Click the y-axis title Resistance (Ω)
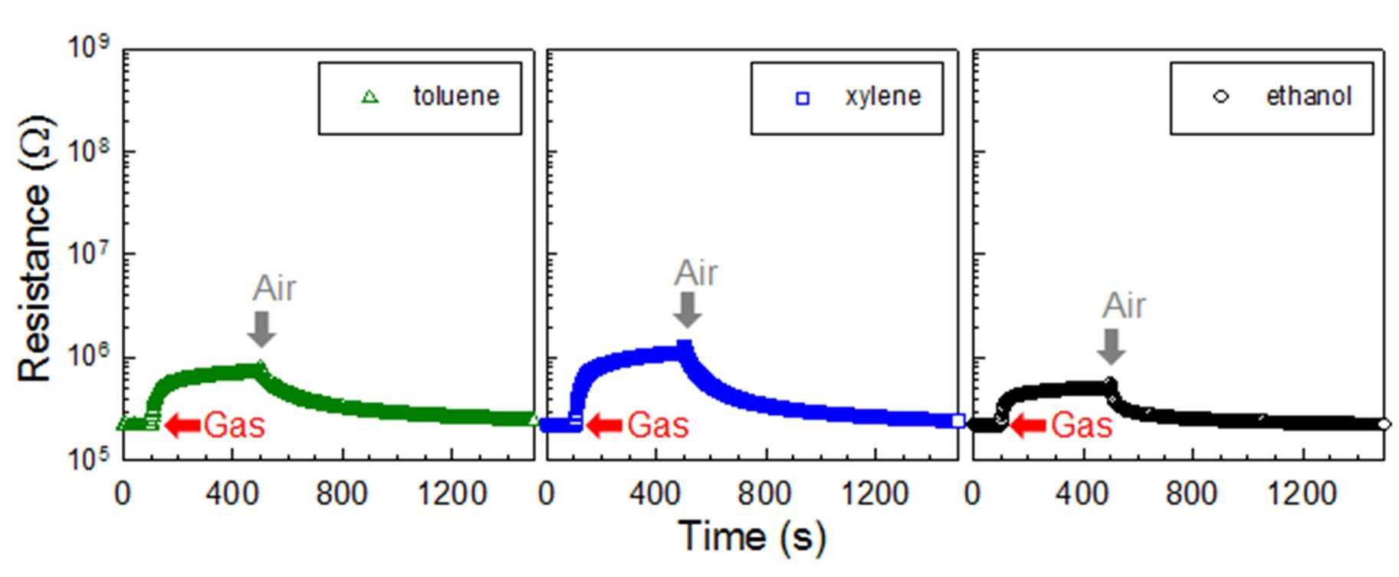click(34, 249)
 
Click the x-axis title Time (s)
click(752, 536)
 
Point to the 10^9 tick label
click(90, 48)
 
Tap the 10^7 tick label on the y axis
click(90, 253)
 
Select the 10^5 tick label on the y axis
click(90, 459)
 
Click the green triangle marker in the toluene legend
click(370, 97)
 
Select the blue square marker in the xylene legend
click(803, 98)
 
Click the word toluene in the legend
click(456, 96)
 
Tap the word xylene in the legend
click(883, 97)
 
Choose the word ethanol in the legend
click(1309, 96)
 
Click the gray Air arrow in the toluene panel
click(262, 328)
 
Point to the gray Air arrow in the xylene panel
click(688, 310)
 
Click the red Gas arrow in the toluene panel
click(183, 425)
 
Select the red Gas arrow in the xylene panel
click(606, 425)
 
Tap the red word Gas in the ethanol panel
click(1082, 424)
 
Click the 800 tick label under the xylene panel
click(764, 493)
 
